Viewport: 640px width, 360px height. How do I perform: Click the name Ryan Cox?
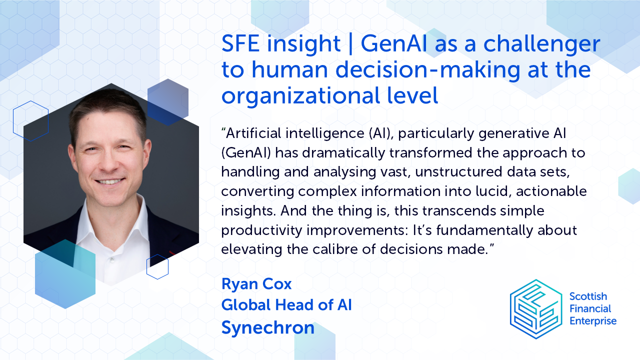pos(256,284)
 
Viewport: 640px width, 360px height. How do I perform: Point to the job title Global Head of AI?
pos(286,304)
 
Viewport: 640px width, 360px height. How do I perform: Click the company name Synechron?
pos(268,327)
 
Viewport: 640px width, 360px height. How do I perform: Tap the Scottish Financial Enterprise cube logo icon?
pos(535,308)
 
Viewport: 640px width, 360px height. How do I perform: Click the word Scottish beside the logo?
pos(587,296)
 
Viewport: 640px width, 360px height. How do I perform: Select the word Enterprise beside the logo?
pos(593,321)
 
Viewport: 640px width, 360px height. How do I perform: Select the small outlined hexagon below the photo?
pos(157,266)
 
